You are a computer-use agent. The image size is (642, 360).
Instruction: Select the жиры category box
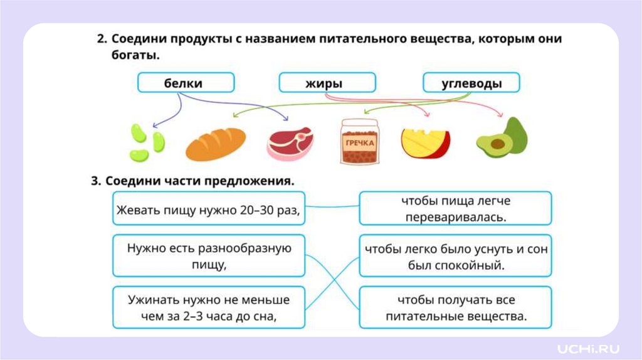(x=327, y=83)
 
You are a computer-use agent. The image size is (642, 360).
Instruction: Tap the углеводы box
(x=471, y=83)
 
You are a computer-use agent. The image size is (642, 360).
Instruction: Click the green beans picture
(x=147, y=142)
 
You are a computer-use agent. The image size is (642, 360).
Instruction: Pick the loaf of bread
(x=215, y=144)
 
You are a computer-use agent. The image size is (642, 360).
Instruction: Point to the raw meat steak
(x=290, y=142)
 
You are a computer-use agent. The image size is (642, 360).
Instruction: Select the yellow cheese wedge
(x=424, y=144)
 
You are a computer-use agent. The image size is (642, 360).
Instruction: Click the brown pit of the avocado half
(x=497, y=144)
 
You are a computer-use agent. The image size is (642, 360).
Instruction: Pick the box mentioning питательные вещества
(x=455, y=307)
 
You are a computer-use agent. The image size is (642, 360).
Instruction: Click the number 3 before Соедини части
(x=96, y=181)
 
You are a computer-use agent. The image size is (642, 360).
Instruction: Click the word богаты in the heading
(x=131, y=55)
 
